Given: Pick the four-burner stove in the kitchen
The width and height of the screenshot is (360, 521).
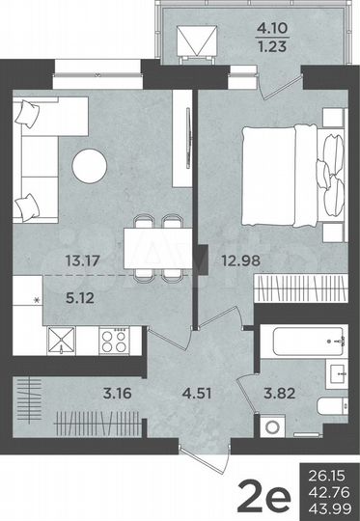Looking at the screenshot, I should click(118, 341).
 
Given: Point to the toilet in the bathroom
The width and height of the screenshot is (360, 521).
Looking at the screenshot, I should click(328, 407).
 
